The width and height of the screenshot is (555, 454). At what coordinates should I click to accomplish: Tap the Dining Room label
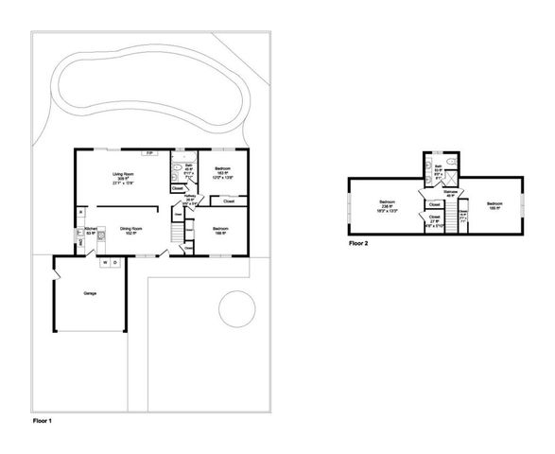click(x=130, y=230)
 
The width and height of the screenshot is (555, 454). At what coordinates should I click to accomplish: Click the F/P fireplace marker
click(x=147, y=152)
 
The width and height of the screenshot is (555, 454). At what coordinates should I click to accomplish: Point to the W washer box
click(x=104, y=262)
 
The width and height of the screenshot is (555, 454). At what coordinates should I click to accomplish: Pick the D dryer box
click(x=115, y=262)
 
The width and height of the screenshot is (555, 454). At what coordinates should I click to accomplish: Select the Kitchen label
click(x=91, y=231)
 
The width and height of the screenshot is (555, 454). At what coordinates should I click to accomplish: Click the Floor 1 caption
click(x=43, y=417)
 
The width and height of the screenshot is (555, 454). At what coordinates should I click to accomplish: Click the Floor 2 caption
click(x=358, y=243)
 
